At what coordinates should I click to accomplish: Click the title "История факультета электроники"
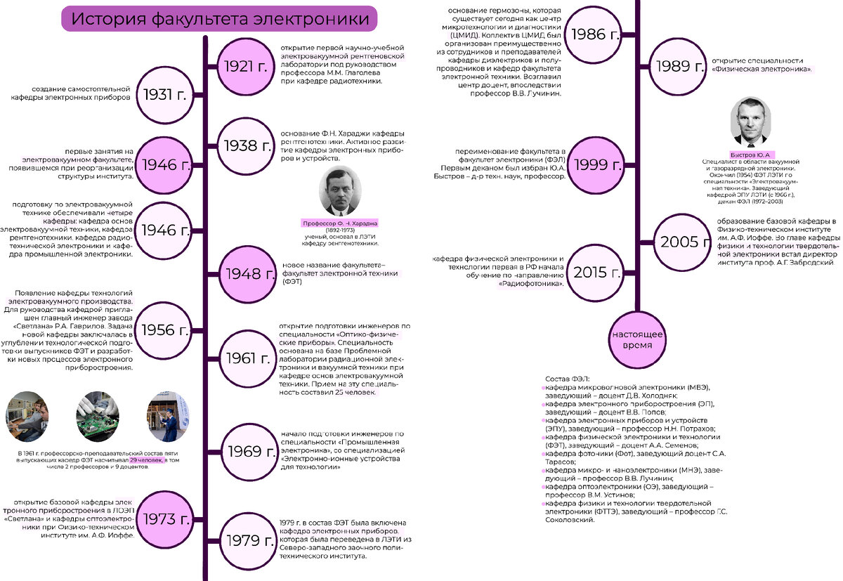(219, 18)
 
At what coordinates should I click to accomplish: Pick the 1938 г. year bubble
(245, 145)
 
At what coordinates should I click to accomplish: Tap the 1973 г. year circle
(166, 520)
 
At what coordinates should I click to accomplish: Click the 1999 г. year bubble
(598, 165)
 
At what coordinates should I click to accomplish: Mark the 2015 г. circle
(596, 273)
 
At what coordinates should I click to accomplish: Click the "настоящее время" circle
(636, 340)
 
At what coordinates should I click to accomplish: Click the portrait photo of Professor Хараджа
(341, 191)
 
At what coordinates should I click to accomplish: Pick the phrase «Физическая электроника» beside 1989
(762, 70)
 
